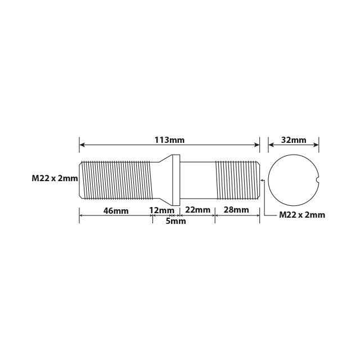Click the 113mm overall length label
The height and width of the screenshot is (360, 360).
169,140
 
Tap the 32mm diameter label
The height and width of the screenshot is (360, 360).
294,140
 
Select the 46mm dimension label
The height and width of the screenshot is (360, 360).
116,210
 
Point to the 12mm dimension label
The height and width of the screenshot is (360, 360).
161,210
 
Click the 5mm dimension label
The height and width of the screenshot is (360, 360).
175,221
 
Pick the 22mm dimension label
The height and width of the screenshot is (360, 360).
197,210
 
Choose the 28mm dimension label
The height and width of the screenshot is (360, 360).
236,210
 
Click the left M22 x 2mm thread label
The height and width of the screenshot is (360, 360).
55,178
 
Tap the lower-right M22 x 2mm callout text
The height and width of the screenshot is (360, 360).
302,215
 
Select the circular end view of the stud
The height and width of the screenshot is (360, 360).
293,180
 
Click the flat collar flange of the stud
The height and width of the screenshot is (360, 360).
176,180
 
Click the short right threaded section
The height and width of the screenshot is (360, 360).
237,180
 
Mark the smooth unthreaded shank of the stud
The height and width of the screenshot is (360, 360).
198,180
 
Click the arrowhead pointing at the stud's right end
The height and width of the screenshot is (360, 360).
262,180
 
